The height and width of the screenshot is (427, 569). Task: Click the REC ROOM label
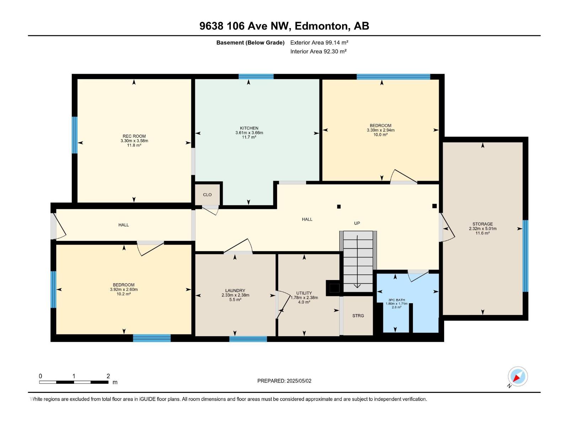coord(134,136)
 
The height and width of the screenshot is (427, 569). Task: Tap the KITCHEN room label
coord(249,128)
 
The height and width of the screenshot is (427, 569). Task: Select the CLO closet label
coord(207,195)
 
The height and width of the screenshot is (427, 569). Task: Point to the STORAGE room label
coord(483,224)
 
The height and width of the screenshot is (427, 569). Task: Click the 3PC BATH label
coord(397,300)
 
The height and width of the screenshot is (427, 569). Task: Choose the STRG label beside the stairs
coord(358,316)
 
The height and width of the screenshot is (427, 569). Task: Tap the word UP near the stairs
coord(357,223)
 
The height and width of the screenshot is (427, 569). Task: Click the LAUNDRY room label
coord(235,291)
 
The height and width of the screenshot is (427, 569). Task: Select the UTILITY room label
coord(304,293)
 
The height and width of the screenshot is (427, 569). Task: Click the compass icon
coord(518,376)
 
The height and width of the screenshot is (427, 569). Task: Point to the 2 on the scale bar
coord(108,376)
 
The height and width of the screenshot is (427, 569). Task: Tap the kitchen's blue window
coord(256,77)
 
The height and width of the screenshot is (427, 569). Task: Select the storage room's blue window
coord(525,256)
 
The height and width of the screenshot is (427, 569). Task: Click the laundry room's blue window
coord(248,339)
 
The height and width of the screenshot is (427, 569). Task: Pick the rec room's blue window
coord(74,135)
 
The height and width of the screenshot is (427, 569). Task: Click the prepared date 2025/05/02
coord(299,381)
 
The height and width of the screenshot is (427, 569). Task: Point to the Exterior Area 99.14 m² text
coord(319,42)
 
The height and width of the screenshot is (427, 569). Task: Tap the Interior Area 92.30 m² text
coord(318,51)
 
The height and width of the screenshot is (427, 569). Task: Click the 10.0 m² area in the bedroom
coord(380,135)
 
